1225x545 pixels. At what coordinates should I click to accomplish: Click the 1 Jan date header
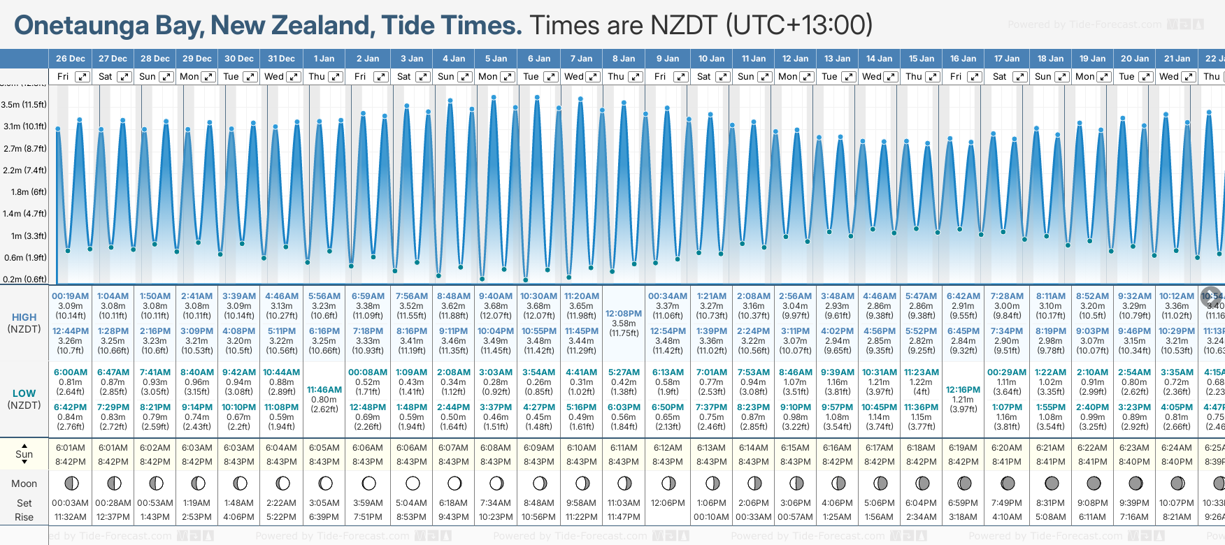pos(324,59)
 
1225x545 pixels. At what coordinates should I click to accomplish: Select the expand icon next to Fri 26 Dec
pos(83,77)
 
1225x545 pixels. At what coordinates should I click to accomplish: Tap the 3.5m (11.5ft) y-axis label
pos(24,105)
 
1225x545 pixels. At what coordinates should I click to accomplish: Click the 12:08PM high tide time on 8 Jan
pos(624,314)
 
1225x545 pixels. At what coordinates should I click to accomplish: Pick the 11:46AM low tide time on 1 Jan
pos(324,390)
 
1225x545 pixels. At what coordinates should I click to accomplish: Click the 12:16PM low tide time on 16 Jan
pos(963,390)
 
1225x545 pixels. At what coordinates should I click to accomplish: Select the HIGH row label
pos(24,317)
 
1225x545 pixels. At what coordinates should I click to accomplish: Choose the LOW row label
pos(24,393)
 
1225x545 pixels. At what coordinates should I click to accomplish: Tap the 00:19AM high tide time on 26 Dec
pos(71,296)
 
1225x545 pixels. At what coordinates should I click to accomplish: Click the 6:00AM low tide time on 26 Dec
pos(71,372)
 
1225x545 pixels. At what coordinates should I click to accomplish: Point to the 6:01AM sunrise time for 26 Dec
pos(71,448)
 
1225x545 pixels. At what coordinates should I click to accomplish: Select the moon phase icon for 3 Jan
pos(413,484)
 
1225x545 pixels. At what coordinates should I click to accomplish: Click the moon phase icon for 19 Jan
pos(1093,484)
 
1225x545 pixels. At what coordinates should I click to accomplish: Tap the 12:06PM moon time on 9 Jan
pos(668,503)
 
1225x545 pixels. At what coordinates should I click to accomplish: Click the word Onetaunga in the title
pos(82,26)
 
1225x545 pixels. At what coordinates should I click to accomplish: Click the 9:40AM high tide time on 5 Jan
pos(496,296)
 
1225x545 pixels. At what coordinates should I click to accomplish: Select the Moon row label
pos(24,484)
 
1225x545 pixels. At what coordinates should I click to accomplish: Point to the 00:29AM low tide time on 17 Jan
pos(1007,372)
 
